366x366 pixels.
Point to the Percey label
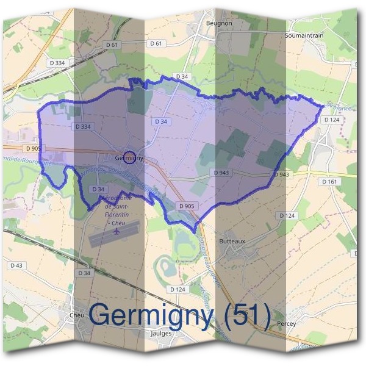coord(286,324)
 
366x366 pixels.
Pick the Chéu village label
coord(77,315)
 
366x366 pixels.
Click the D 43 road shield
coord(16,265)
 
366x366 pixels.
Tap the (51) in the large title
coord(246,315)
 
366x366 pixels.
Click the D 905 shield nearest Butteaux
coord(187,206)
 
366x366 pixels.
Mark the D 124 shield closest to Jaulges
coord(178,289)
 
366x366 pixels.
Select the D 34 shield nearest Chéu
coord(84,273)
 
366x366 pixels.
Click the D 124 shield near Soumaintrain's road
coord(332,120)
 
